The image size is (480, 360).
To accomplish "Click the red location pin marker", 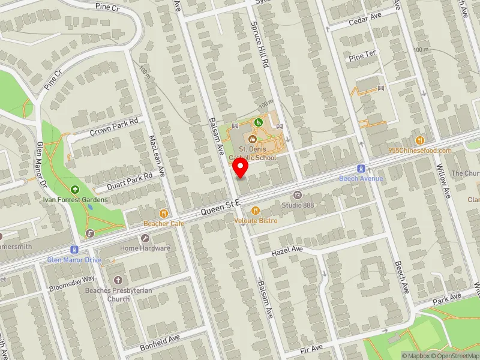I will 241,167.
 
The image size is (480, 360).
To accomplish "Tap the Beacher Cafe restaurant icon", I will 163,213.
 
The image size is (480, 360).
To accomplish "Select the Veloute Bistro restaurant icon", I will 256,211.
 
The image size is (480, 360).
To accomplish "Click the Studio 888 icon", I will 297,194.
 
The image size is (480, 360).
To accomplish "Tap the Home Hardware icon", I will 145,238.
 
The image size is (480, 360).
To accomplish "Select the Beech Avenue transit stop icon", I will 361,169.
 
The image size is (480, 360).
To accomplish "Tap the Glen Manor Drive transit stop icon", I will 74,250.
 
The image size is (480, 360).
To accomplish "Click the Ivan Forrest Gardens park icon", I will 74,190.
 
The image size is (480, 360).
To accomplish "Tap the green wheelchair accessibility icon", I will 259,122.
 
